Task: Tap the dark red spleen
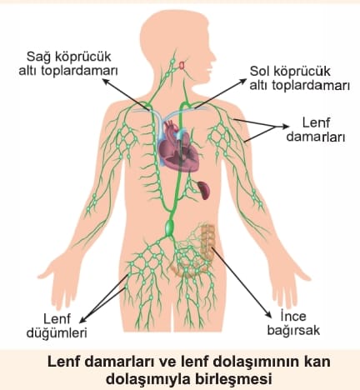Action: [204, 190]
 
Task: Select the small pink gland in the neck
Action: [182, 65]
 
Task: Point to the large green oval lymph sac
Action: [169, 227]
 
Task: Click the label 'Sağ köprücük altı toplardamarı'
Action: [68, 63]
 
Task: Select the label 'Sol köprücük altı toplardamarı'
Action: [299, 78]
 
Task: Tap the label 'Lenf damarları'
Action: [316, 130]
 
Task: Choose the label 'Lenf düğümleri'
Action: [57, 326]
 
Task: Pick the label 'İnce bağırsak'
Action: [293, 323]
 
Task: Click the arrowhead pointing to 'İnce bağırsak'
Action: [268, 315]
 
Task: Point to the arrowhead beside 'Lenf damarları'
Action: [285, 127]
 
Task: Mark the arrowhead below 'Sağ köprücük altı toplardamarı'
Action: [106, 81]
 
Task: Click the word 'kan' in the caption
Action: [318, 362]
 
